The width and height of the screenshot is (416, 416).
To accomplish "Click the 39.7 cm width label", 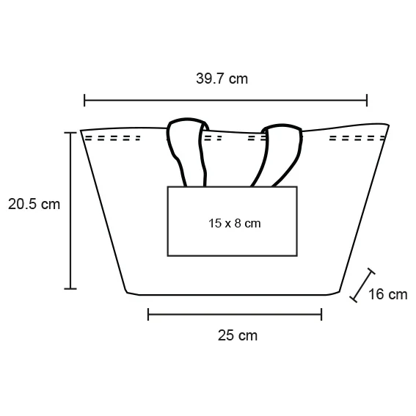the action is tap(222, 79).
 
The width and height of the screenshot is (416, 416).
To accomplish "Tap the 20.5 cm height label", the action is tap(34, 204).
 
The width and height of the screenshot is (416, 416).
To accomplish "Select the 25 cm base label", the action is tap(238, 335).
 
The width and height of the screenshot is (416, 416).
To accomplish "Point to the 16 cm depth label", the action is tap(387, 294).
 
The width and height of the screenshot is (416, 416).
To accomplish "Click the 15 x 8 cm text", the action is tap(234, 223).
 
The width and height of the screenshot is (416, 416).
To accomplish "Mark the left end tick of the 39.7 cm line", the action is tap(84, 101).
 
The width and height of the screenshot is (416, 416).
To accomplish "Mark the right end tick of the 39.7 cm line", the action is tap(367, 101).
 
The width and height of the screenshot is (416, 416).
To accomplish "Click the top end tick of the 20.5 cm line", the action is tap(70, 133).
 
